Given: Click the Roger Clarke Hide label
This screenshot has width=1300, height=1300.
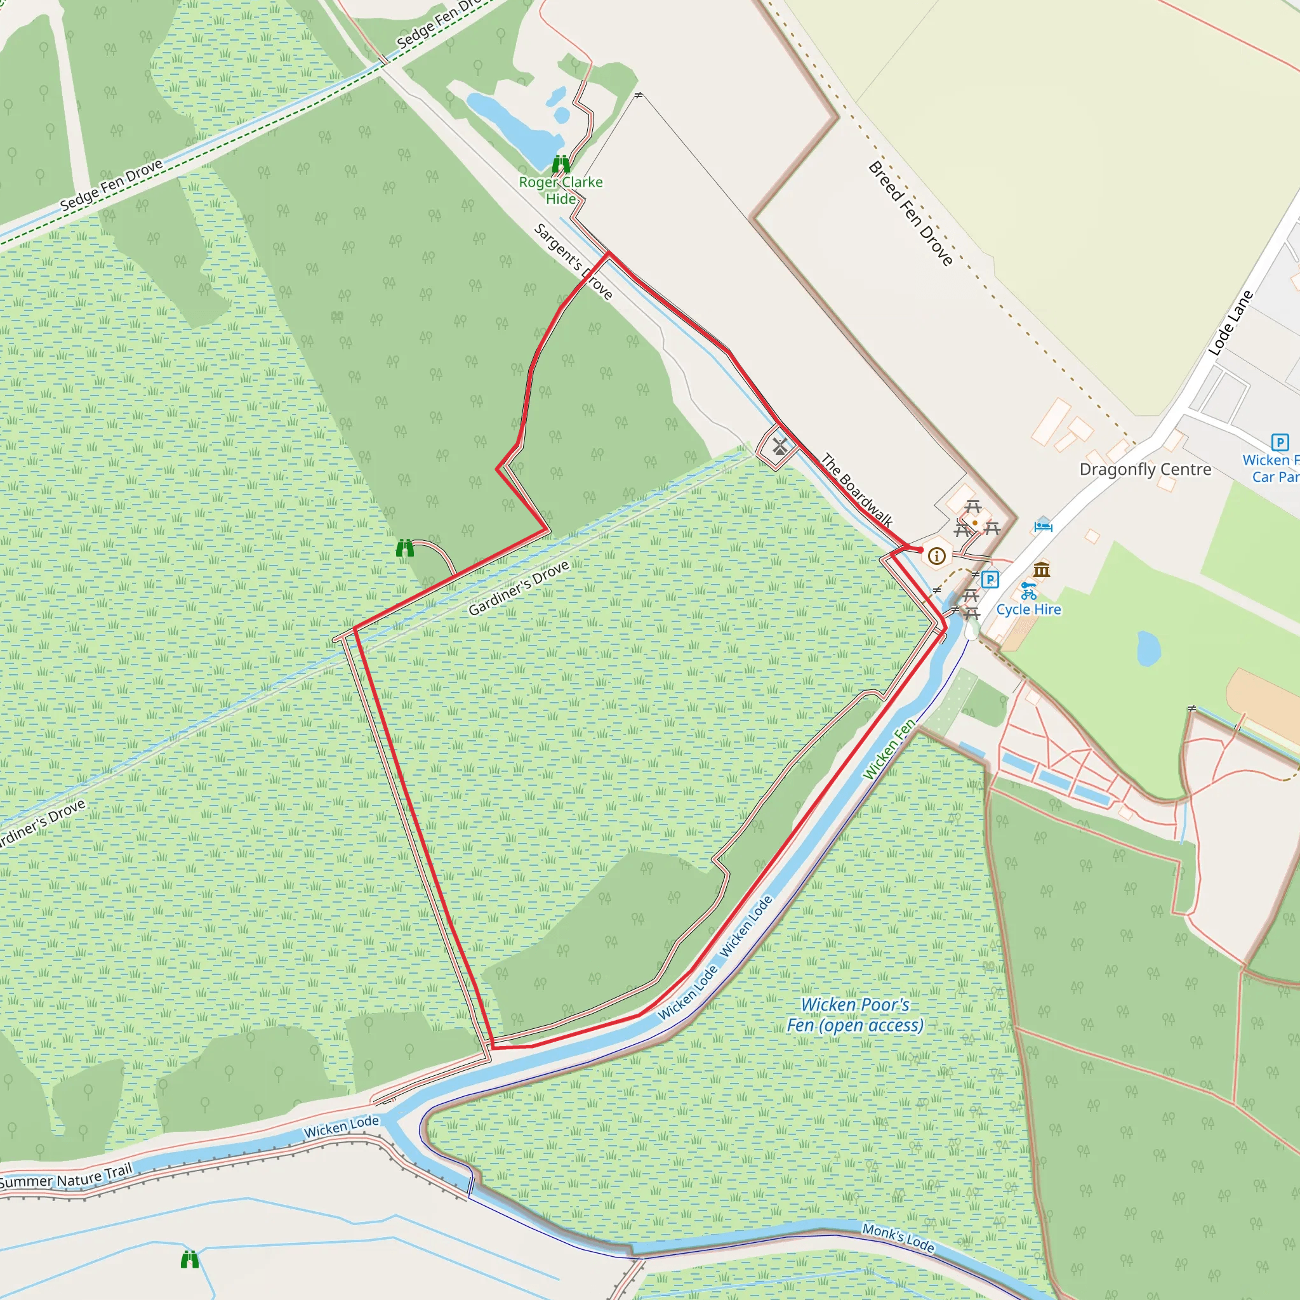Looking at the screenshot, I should (x=560, y=190).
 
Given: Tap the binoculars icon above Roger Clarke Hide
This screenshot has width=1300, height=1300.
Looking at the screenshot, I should (x=561, y=164).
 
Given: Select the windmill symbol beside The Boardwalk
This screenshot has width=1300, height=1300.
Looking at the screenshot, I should (x=780, y=446).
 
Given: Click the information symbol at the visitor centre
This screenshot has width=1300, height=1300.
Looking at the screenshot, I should (x=937, y=556).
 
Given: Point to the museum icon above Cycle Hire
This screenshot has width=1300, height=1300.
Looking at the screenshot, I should (x=1042, y=570).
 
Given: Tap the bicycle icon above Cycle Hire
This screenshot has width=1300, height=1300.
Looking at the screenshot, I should (x=1028, y=592).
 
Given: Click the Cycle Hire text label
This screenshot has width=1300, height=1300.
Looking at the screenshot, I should (x=1028, y=609).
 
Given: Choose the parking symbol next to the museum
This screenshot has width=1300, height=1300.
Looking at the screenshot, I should (x=990, y=579).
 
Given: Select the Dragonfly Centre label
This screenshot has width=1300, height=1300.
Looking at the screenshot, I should (x=1145, y=469).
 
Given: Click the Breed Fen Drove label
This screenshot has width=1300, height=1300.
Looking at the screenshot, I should (x=910, y=213).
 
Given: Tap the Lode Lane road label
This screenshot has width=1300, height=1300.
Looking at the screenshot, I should (x=1231, y=322).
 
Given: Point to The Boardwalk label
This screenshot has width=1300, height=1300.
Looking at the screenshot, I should (x=856, y=491).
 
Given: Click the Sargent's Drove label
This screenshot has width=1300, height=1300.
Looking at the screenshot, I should (x=573, y=261).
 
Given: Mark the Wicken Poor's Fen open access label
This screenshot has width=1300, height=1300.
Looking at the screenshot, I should (x=855, y=1015).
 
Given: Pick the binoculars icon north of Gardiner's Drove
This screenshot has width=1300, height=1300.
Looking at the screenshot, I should (x=404, y=548).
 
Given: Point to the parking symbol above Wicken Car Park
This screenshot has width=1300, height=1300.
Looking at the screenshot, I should (x=1280, y=442).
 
